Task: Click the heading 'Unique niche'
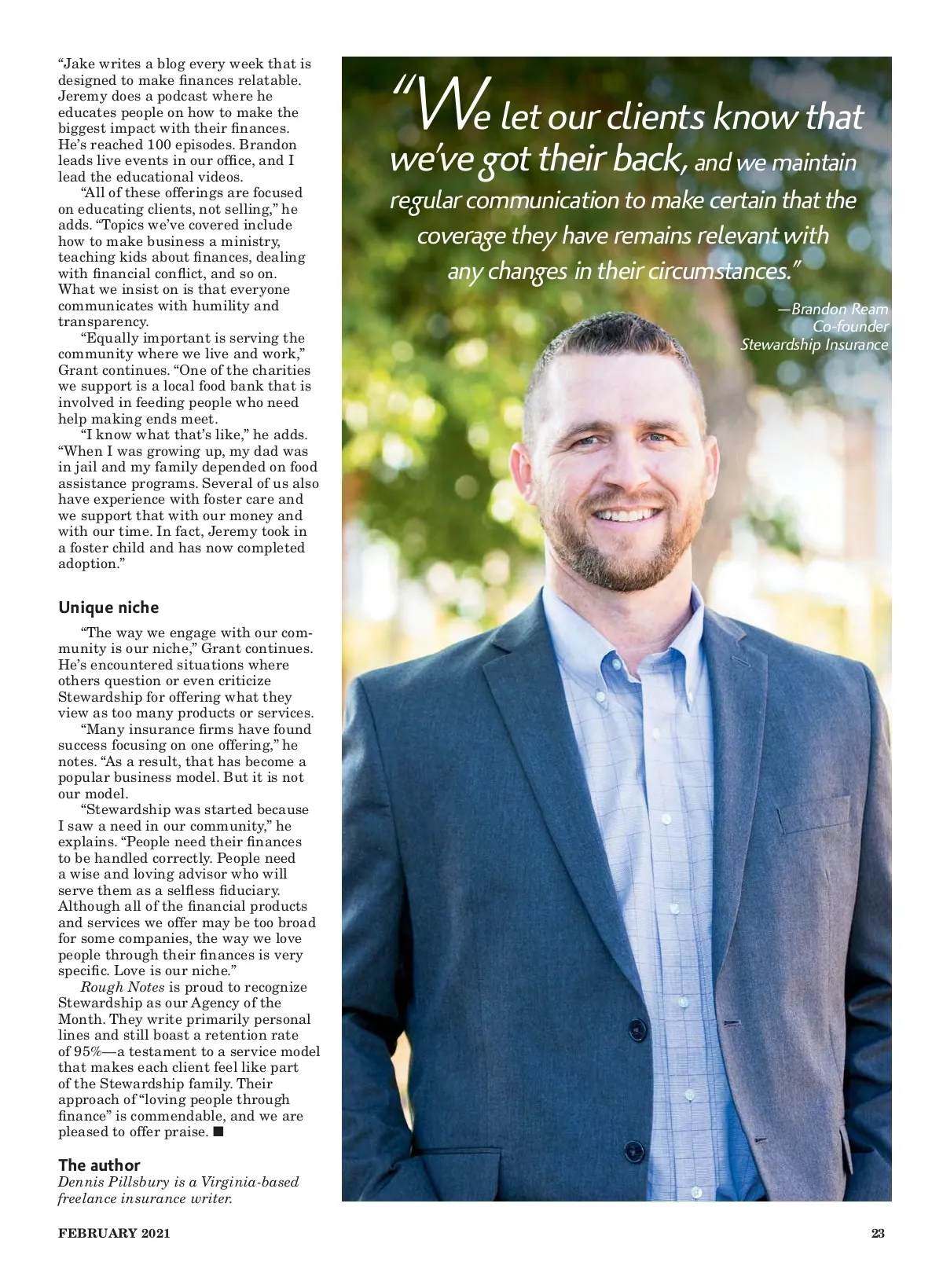pyautogui.click(x=108, y=607)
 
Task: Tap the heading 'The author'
pyautogui.click(x=99, y=1165)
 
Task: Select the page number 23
pyautogui.click(x=878, y=1233)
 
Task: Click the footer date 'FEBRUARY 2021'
pyautogui.click(x=114, y=1233)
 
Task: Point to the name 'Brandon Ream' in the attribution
pyautogui.click(x=839, y=309)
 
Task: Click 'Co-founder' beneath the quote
pyautogui.click(x=850, y=326)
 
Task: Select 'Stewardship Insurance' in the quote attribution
pyautogui.click(x=814, y=344)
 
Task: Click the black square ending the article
pyautogui.click(x=218, y=1132)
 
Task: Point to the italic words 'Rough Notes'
pyautogui.click(x=123, y=987)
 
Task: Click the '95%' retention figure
pyautogui.click(x=86, y=1051)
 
